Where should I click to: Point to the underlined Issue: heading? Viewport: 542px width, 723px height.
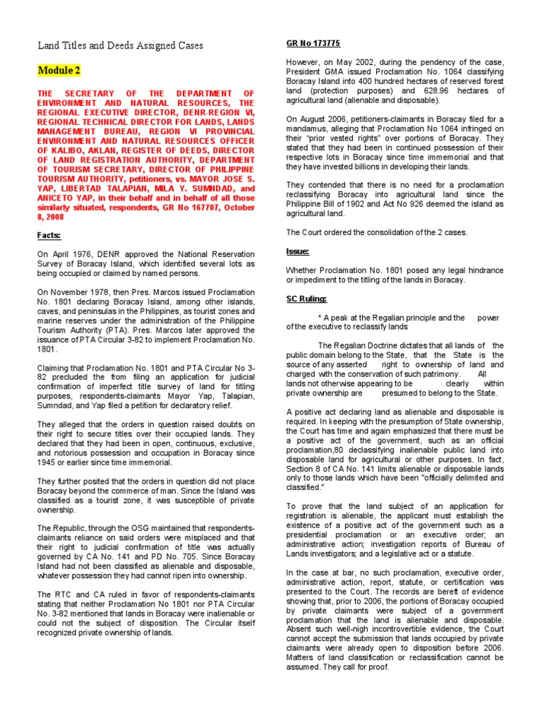point(297,251)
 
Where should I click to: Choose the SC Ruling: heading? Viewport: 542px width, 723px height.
point(306,299)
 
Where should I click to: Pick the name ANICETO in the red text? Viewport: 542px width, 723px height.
point(56,200)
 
